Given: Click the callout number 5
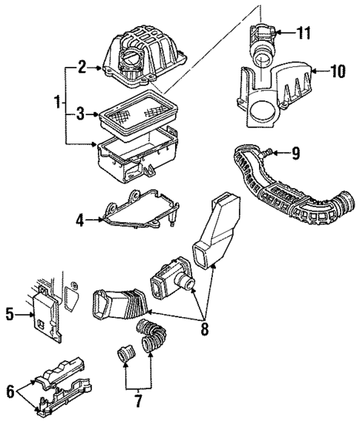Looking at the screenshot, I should (10, 314).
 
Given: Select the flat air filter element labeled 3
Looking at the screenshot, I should (137, 116).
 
